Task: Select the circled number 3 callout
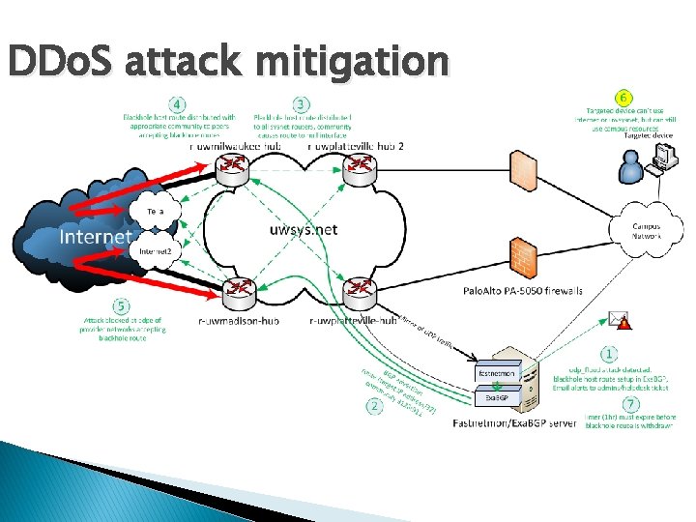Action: pyautogui.click(x=302, y=103)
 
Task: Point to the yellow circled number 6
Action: pyautogui.click(x=626, y=98)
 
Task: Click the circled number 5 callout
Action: pyautogui.click(x=123, y=306)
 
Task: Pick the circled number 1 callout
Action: pyautogui.click(x=609, y=355)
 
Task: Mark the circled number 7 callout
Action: pyautogui.click(x=630, y=403)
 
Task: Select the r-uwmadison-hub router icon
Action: pyautogui.click(x=238, y=290)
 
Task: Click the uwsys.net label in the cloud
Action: pyautogui.click(x=304, y=229)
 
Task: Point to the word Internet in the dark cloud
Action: pyautogui.click(x=95, y=237)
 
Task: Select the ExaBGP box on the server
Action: pyautogui.click(x=497, y=397)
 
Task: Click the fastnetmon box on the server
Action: pyautogui.click(x=499, y=371)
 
